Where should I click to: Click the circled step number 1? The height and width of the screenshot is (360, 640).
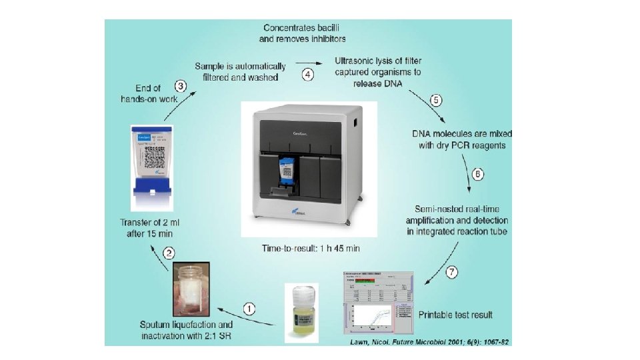pos(248,308)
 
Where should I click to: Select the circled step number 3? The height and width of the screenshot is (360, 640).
pos(180,85)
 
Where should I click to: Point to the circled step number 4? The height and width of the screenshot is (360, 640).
pos(307,75)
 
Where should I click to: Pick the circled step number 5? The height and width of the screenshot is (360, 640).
pos(436,101)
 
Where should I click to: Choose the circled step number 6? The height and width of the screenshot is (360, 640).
pos(477,174)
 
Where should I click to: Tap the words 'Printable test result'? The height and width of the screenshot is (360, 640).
pos(456,313)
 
